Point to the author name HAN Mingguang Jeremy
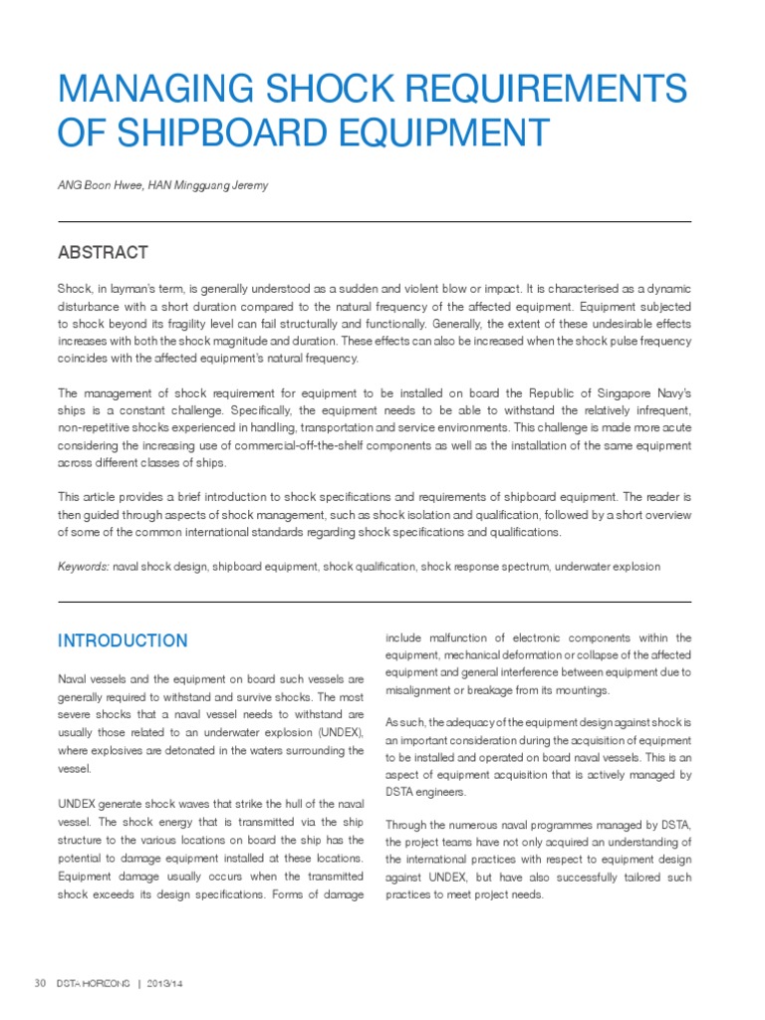tap(208, 186)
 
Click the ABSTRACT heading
tap(103, 252)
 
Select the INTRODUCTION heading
tap(122, 640)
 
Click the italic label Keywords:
tap(84, 566)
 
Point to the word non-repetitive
tap(98, 427)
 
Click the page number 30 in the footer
tap(41, 982)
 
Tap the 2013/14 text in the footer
tap(165, 983)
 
